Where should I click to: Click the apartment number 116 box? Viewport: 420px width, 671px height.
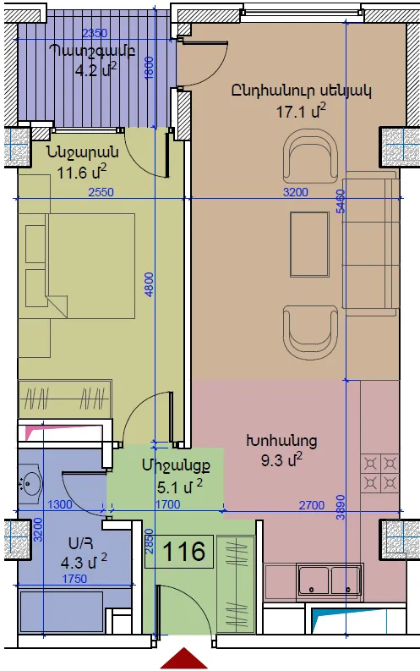(179, 552)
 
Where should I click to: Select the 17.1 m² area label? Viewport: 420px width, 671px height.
(301, 111)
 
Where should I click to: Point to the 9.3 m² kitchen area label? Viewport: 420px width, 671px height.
(281, 460)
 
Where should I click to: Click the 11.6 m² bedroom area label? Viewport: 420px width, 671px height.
(82, 173)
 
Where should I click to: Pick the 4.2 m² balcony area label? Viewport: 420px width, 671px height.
(95, 69)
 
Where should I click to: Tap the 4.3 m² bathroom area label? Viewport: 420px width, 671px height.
(84, 562)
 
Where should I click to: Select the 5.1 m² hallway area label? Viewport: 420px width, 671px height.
(180, 487)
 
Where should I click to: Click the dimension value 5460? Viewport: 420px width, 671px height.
(341, 201)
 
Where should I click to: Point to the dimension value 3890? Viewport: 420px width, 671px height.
(341, 507)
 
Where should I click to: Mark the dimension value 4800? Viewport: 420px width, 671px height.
(149, 284)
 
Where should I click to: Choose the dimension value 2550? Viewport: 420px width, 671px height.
(101, 192)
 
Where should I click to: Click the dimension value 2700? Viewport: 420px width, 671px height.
(312, 505)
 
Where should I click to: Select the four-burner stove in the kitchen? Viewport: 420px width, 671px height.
(379, 473)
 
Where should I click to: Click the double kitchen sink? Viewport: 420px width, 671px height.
(330, 580)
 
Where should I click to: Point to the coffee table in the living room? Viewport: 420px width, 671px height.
(309, 245)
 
